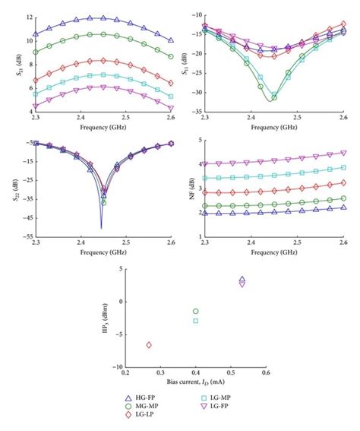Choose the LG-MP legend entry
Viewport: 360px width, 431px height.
pyautogui.click(x=221, y=398)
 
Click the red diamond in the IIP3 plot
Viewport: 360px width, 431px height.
pyautogui.click(x=149, y=345)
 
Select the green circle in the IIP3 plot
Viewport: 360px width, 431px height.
pyautogui.click(x=196, y=312)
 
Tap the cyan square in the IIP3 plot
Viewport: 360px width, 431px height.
pyautogui.click(x=196, y=321)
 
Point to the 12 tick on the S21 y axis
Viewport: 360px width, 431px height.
pyautogui.click(x=28, y=17)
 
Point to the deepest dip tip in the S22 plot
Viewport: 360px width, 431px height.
pyautogui.click(x=102, y=227)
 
